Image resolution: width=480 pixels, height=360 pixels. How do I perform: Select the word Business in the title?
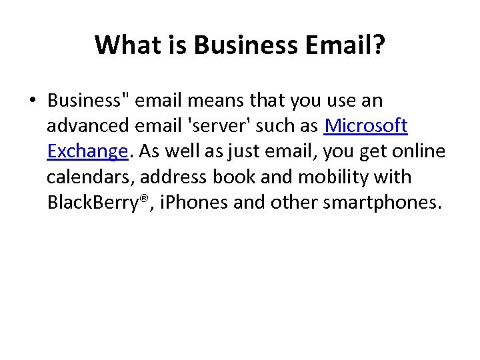point(245,45)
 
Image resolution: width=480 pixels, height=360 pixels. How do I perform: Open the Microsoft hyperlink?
point(365,126)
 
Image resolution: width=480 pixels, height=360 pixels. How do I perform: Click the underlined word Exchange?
point(87,151)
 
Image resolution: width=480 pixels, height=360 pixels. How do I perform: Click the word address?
point(170,177)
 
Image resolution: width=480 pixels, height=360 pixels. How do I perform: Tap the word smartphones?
point(382,202)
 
